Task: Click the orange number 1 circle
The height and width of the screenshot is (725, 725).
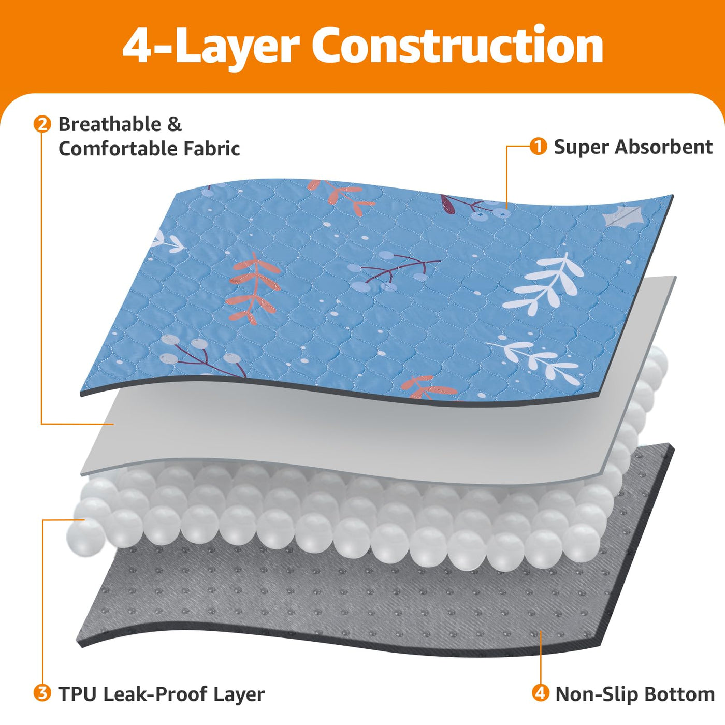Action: [538, 147]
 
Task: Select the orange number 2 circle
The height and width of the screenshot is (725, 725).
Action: [42, 124]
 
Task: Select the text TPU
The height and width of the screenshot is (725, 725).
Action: [77, 694]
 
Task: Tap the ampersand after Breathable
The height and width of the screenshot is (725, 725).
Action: [175, 124]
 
